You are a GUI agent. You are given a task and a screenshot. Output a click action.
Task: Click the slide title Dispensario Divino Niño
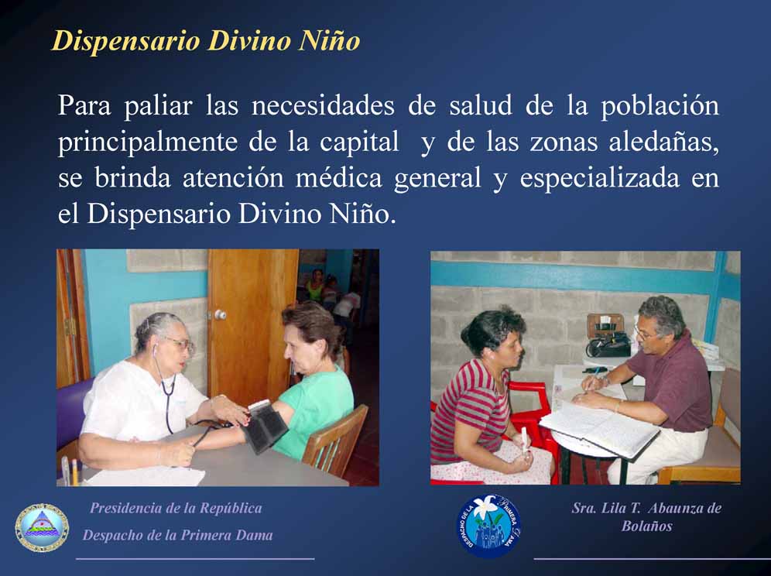point(206,41)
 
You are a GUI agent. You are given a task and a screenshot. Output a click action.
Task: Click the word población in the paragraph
point(660,106)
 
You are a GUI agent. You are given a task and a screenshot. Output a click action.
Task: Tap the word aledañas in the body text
point(663,142)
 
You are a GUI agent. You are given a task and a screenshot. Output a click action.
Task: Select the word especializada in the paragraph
point(599,179)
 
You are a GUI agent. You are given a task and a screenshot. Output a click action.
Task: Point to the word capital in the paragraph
point(359,142)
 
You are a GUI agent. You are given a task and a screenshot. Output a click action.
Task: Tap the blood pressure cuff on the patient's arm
point(264,426)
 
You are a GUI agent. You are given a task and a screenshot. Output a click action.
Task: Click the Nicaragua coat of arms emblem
point(42,528)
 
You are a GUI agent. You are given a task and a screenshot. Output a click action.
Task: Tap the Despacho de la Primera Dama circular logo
point(488,526)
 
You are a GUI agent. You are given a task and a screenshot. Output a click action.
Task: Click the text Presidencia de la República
point(176,508)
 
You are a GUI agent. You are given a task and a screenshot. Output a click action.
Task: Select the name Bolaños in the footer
point(646,526)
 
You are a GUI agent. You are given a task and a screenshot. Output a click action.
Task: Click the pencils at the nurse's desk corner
point(70,470)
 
